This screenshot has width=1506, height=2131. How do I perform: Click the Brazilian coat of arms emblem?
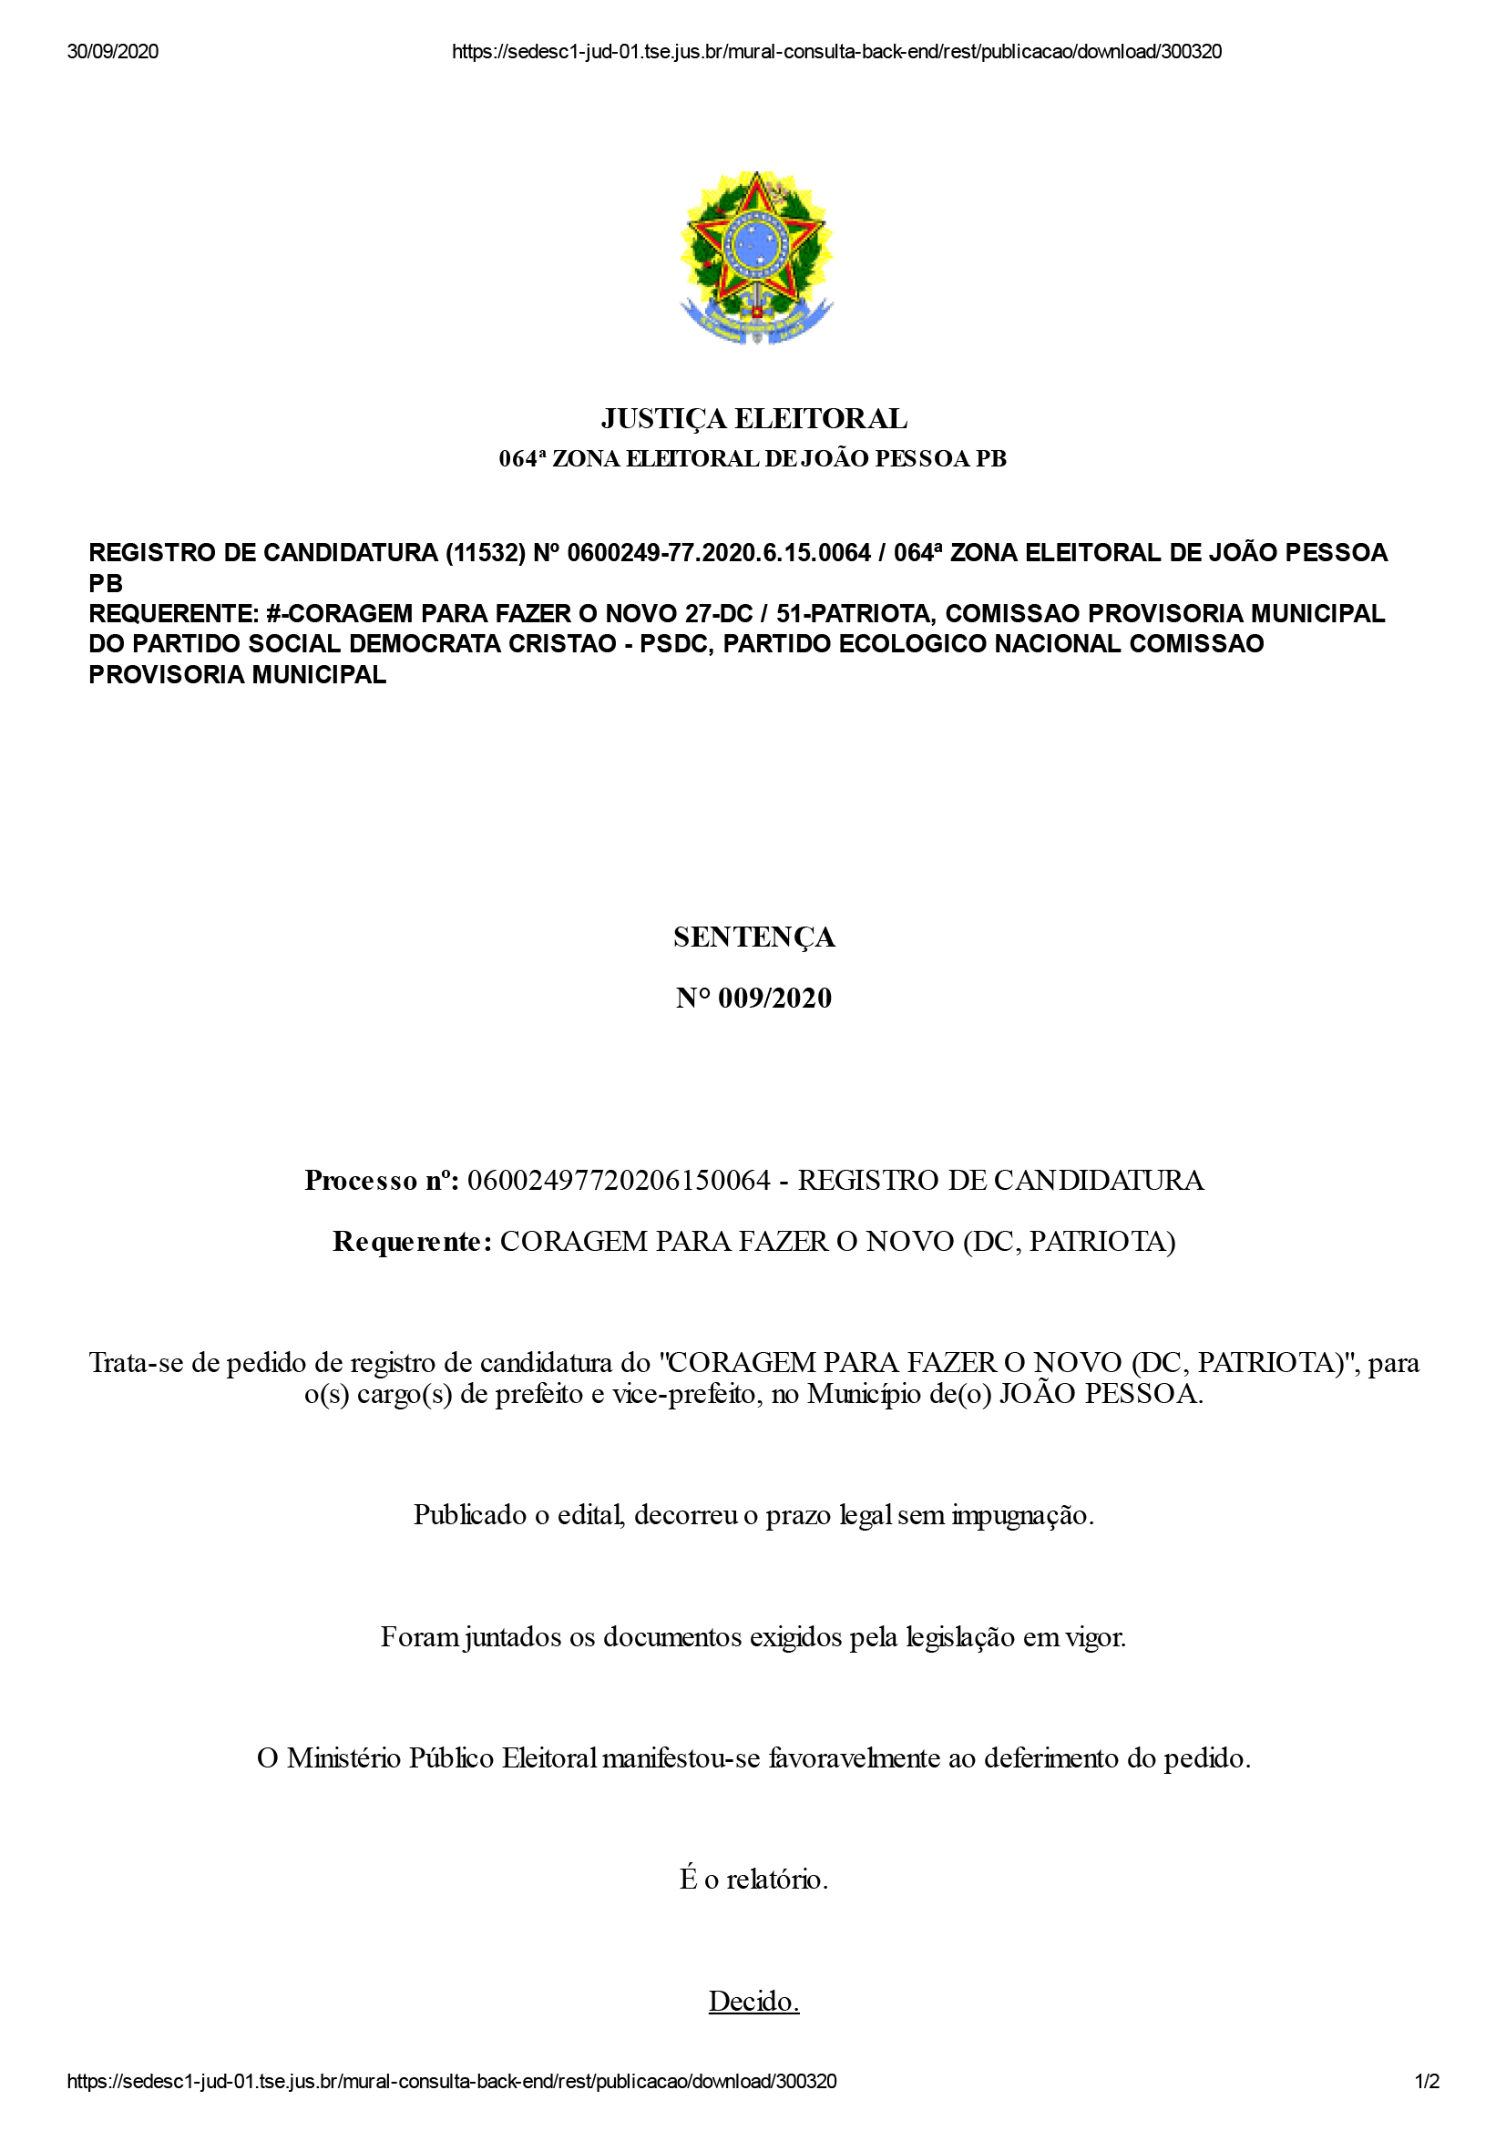click(755, 257)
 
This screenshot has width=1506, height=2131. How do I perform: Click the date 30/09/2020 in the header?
click(112, 52)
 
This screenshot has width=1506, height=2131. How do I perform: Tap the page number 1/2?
click(1426, 2081)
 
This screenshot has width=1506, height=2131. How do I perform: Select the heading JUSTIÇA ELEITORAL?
click(753, 419)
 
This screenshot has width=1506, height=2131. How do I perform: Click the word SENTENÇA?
click(753, 937)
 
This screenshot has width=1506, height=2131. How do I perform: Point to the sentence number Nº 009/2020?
click(753, 999)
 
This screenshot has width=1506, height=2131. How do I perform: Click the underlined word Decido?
click(753, 2001)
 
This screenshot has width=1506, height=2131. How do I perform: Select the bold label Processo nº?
click(382, 1181)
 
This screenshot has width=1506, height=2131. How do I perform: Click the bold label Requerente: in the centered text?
click(411, 1242)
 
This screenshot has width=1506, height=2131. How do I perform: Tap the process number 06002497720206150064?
click(619, 1181)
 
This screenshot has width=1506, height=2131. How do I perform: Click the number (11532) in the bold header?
click(486, 553)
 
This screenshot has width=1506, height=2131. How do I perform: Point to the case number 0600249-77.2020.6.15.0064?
click(718, 553)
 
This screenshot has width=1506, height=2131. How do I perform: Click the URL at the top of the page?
click(836, 52)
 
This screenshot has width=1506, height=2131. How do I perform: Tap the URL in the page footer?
click(451, 2081)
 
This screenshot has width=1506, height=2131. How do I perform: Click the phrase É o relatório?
click(753, 1880)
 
